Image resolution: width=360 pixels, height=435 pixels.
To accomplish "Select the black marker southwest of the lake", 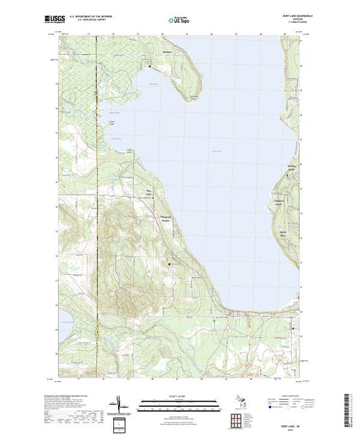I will pyautogui.click(x=171, y=264).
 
